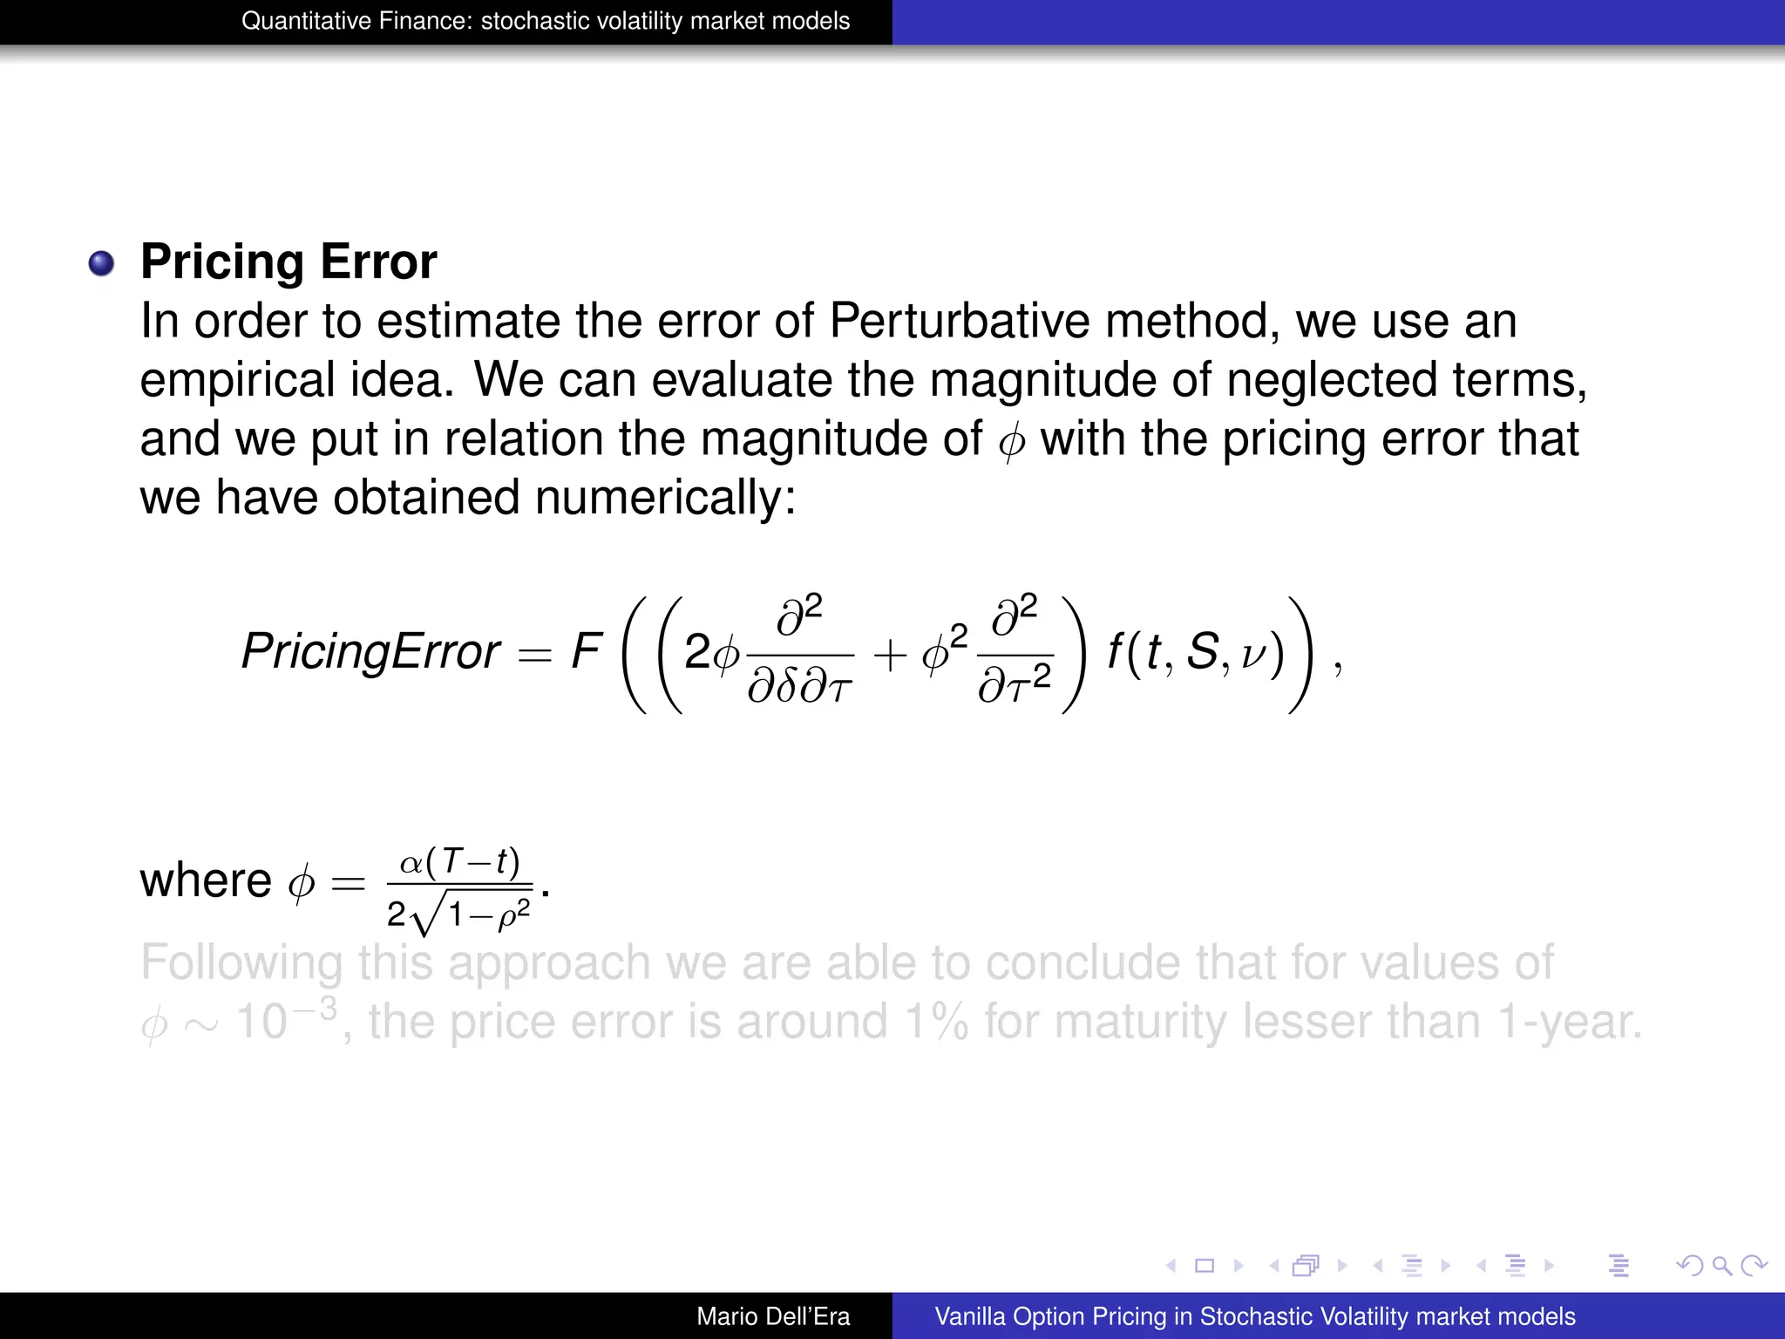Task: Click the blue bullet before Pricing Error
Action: coord(101,263)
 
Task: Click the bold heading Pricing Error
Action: coord(288,262)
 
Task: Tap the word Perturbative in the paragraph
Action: coord(960,321)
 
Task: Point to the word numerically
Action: coord(665,498)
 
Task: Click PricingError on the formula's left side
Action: coord(370,651)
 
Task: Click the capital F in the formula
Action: coord(586,650)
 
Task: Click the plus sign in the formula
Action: coord(890,654)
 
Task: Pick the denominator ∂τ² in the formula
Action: coord(1015,685)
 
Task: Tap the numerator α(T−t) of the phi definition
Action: coord(459,862)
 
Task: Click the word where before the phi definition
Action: coord(206,880)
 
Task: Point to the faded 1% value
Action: coord(936,1021)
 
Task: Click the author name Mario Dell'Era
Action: coord(773,1316)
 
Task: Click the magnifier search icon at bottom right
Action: coord(1721,1266)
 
